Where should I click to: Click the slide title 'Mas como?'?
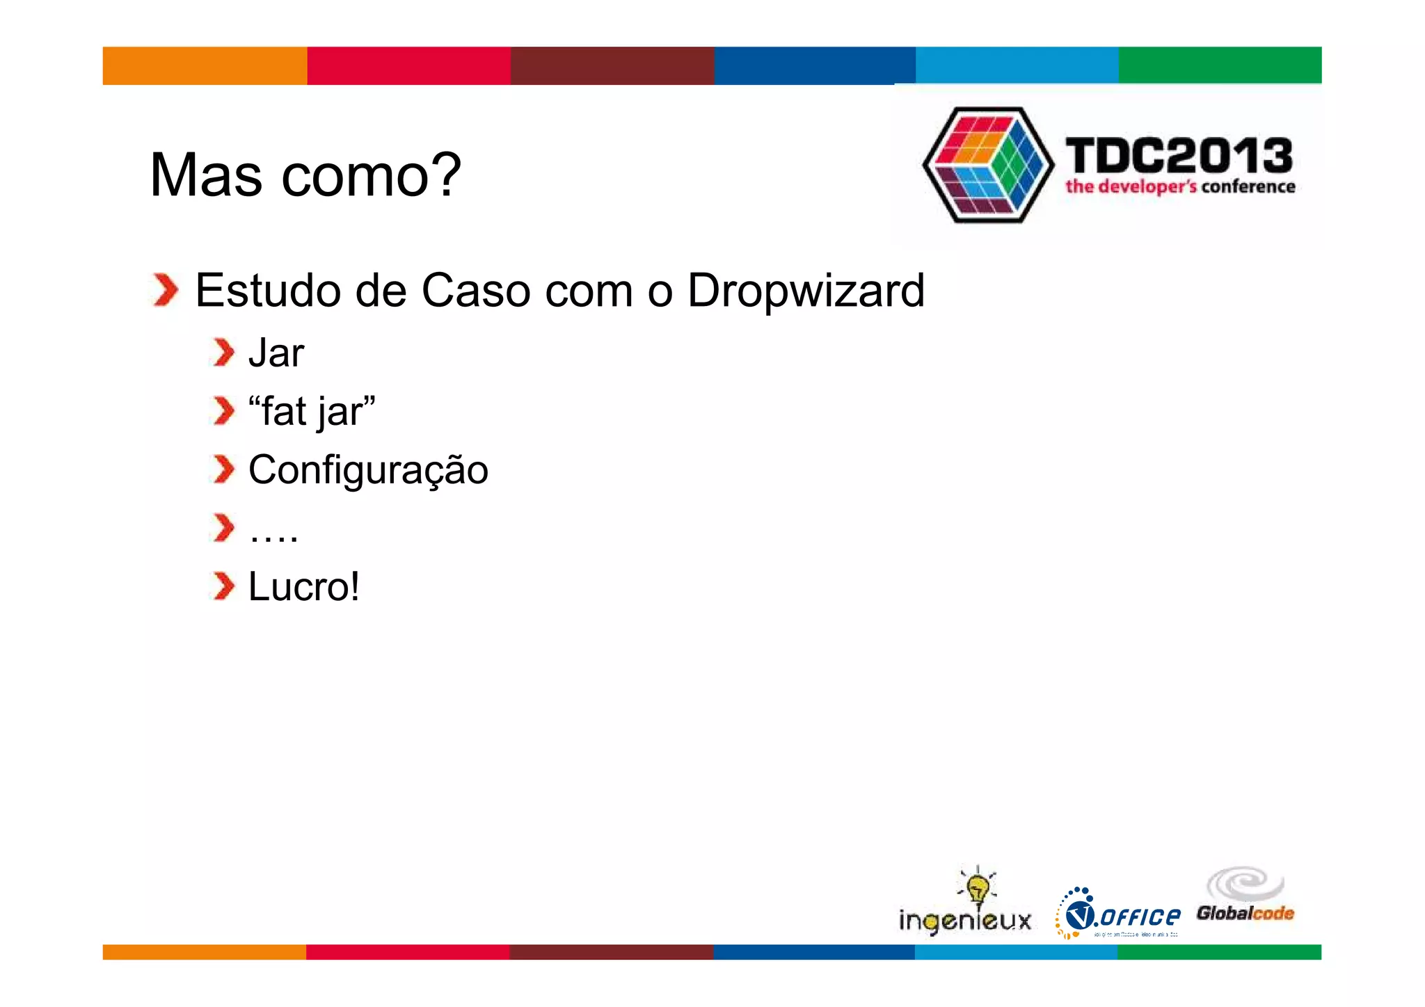pos(305,175)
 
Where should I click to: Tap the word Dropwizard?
pos(806,291)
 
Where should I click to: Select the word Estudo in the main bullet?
pos(267,291)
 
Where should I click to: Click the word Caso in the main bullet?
pos(476,291)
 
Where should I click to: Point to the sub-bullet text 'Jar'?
pos(276,353)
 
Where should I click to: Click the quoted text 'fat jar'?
pos(312,412)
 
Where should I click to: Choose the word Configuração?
pos(368,470)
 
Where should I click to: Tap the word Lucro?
pos(304,587)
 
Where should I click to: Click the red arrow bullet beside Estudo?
pos(166,290)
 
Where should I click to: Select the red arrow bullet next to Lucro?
pos(223,586)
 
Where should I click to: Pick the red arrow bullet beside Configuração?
pos(223,469)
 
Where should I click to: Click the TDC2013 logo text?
pos(1179,156)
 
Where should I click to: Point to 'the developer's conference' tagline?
pos(1180,187)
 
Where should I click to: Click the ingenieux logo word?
pos(965,921)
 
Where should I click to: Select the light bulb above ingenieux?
pos(978,886)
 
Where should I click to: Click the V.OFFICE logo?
pos(1118,915)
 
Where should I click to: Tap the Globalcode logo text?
pos(1245,913)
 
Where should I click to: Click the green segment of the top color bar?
pos(1220,65)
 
